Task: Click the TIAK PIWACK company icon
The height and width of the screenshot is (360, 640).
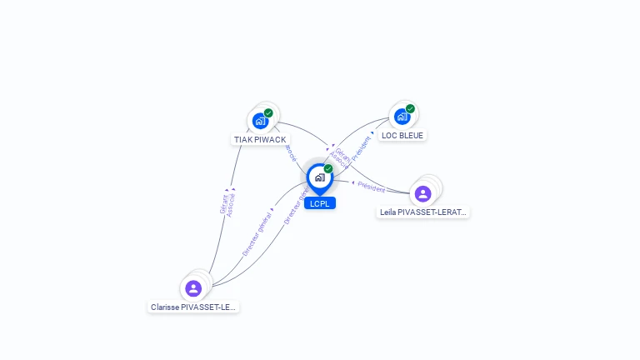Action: (x=261, y=121)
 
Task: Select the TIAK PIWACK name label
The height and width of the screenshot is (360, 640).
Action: (x=260, y=139)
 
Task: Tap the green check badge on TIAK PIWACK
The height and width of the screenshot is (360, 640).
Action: (x=268, y=112)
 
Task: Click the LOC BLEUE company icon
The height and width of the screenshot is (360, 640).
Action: (x=402, y=117)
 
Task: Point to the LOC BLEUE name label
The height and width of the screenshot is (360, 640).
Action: (x=402, y=135)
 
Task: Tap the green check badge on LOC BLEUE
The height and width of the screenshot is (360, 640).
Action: (x=410, y=108)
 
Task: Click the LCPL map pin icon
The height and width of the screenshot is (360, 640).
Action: (x=319, y=177)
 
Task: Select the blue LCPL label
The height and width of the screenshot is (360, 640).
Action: (x=319, y=203)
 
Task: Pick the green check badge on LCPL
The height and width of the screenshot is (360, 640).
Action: (x=328, y=168)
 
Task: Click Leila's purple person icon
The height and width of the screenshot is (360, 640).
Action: (x=422, y=193)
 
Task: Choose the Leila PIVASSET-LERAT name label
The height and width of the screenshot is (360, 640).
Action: (x=423, y=212)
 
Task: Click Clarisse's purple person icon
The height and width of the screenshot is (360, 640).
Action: (x=193, y=288)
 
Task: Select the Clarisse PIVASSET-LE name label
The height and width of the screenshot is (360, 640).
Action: (x=193, y=307)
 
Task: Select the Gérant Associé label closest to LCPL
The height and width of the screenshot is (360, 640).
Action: (x=340, y=158)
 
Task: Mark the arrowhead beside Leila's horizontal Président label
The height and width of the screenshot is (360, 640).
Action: (x=353, y=182)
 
